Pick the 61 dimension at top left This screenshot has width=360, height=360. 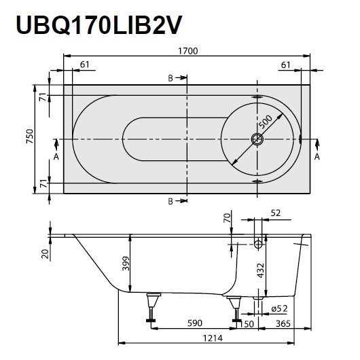pos(85,64)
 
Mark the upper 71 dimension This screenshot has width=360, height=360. pos(41,97)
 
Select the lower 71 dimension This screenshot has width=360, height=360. pos(41,182)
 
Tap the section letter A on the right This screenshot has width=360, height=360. pos(317,157)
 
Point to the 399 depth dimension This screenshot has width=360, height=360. pos(124,264)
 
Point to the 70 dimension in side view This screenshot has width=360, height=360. pos(227,218)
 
